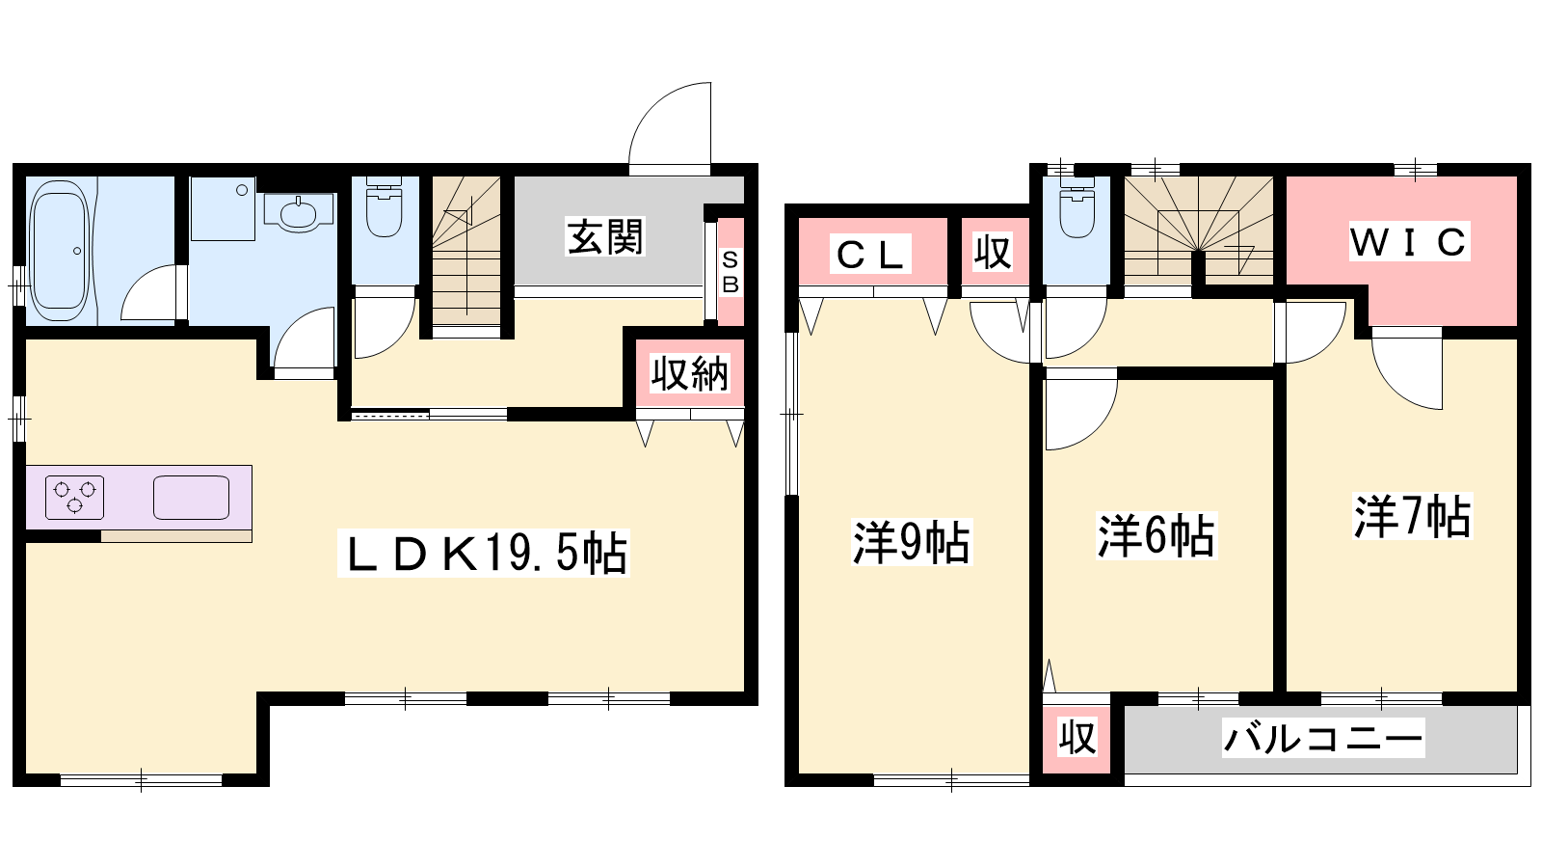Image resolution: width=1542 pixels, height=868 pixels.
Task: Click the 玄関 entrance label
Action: click(x=605, y=237)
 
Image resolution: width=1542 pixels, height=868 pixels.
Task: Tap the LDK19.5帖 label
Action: click(x=484, y=553)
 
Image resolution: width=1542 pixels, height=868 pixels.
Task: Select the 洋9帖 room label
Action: click(x=912, y=542)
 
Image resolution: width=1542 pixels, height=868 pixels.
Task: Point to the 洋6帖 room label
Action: click(x=1156, y=535)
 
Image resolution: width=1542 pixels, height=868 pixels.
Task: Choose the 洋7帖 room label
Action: click(x=1413, y=516)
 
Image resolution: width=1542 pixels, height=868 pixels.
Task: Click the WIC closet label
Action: click(x=1408, y=241)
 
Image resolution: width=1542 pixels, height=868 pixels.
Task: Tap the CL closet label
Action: click(x=870, y=255)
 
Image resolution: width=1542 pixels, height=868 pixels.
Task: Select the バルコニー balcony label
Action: click(x=1322, y=739)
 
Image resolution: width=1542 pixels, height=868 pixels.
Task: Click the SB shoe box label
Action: click(x=731, y=272)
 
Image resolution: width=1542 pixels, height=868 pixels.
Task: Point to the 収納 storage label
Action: click(x=690, y=373)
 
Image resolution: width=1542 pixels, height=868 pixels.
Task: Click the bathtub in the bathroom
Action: click(x=61, y=250)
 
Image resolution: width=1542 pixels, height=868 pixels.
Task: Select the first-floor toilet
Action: click(x=385, y=206)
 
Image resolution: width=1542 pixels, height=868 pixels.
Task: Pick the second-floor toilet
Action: click(x=1077, y=206)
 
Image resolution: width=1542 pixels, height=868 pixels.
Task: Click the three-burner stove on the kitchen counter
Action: click(x=74, y=498)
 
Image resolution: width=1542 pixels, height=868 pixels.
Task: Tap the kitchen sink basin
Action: click(x=192, y=498)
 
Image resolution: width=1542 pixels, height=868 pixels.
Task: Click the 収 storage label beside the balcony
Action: click(x=1077, y=738)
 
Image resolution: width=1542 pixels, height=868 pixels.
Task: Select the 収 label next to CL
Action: click(x=993, y=253)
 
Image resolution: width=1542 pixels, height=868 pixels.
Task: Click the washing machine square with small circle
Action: click(x=223, y=208)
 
